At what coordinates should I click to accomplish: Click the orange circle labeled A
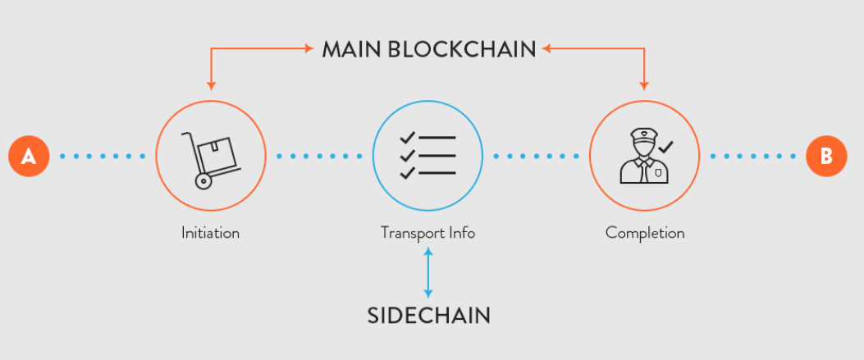[29, 155]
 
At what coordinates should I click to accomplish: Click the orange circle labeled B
[825, 155]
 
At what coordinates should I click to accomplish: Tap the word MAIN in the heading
[351, 49]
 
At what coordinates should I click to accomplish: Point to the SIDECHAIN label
[428, 315]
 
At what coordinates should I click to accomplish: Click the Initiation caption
[210, 233]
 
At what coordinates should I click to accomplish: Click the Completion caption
[645, 233]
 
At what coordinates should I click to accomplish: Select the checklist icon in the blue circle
[427, 155]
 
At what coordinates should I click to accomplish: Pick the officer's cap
[642, 133]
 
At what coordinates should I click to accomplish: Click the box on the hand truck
[221, 151]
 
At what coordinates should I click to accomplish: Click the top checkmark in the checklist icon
[408, 137]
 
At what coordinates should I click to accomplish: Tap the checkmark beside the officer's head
[666, 147]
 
